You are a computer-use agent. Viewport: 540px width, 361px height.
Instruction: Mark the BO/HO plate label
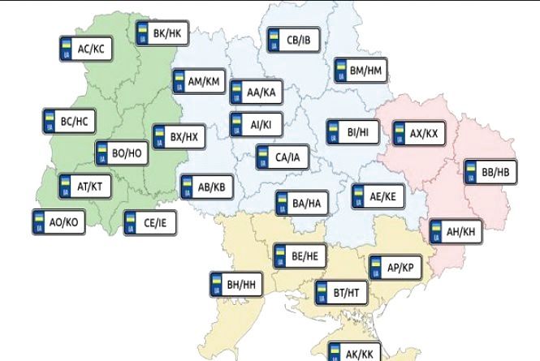tap(122, 153)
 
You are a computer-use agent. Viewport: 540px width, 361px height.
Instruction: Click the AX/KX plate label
tap(419, 132)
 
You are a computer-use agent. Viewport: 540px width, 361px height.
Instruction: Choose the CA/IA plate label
tap(283, 156)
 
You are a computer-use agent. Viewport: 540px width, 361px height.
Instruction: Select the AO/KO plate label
tap(57, 220)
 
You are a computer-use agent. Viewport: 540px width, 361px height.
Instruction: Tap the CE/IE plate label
tap(149, 221)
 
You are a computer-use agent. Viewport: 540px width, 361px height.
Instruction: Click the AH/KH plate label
tap(456, 232)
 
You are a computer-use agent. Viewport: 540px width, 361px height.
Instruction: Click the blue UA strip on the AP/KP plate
tap(377, 268)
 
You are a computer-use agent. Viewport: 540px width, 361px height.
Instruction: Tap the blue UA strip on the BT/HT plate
tap(322, 291)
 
